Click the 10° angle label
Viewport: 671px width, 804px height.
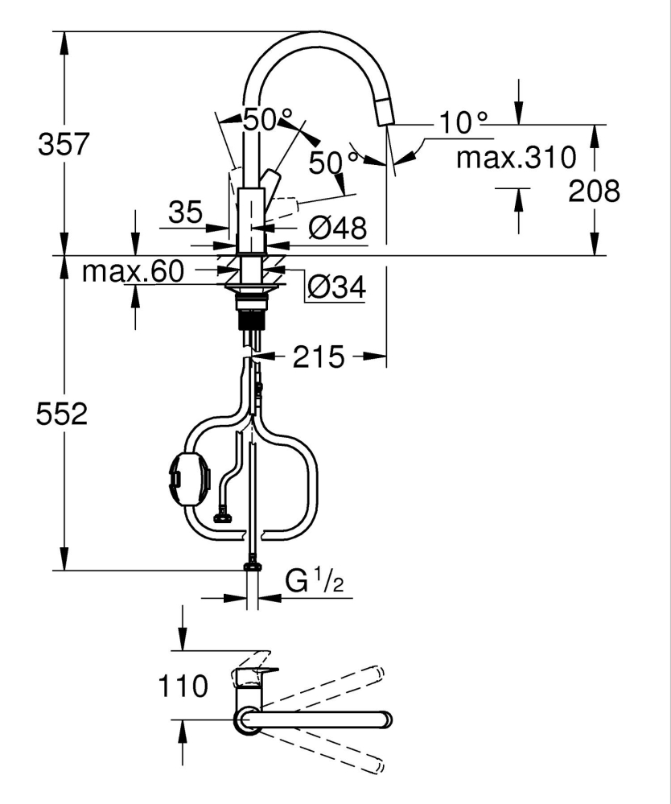(463, 123)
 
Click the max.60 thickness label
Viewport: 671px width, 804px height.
(134, 272)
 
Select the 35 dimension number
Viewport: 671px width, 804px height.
(186, 213)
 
